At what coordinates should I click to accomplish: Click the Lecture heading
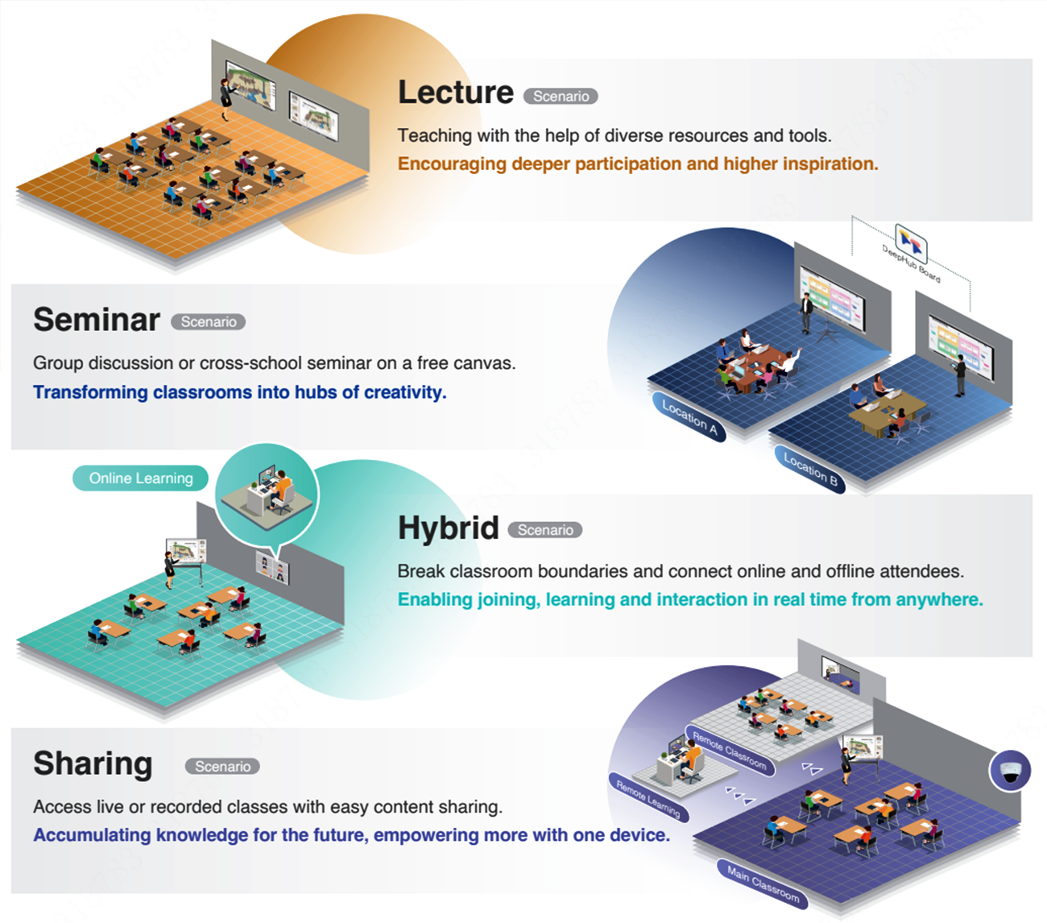tap(456, 93)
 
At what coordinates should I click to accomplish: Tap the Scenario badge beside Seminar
tap(209, 322)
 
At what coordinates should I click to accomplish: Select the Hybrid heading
tap(449, 528)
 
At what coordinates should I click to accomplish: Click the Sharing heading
tap(93, 764)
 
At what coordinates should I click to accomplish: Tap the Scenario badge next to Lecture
tap(561, 97)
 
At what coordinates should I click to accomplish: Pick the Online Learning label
tap(141, 478)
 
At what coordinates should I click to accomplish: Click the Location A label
tap(689, 417)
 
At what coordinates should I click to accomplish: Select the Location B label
tap(811, 470)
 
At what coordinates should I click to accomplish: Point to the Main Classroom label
tap(764, 884)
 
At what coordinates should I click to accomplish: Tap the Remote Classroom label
tap(730, 751)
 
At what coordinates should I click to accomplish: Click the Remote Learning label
tap(648, 799)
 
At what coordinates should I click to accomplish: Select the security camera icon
tap(1009, 771)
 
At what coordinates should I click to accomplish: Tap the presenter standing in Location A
tap(805, 312)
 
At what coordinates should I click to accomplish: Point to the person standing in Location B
tap(960, 375)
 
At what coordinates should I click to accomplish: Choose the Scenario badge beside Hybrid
tap(545, 531)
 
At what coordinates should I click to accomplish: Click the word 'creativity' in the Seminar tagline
tap(404, 393)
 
